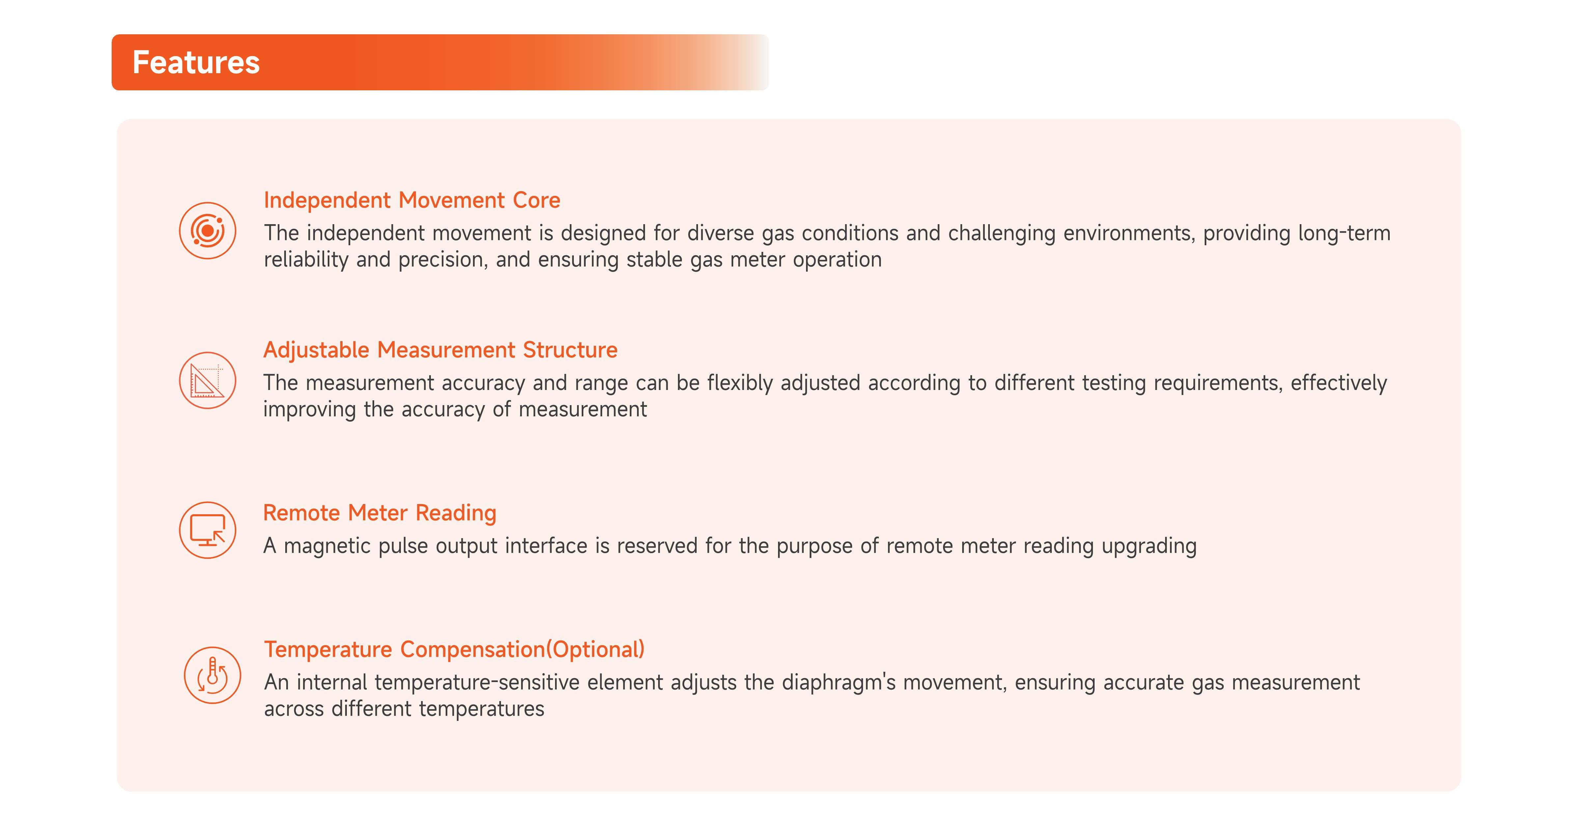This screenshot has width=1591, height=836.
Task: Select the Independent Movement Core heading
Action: click(412, 200)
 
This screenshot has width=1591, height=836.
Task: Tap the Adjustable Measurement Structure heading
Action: click(440, 350)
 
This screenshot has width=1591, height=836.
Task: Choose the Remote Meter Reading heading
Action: click(380, 513)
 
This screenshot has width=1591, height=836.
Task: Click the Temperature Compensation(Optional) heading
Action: click(454, 649)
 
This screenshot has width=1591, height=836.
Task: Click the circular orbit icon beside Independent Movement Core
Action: click(208, 230)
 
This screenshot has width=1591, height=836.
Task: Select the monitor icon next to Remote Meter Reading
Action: click(208, 530)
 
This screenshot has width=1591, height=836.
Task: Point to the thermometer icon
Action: click(212, 675)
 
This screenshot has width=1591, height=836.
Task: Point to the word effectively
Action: click(1339, 383)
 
